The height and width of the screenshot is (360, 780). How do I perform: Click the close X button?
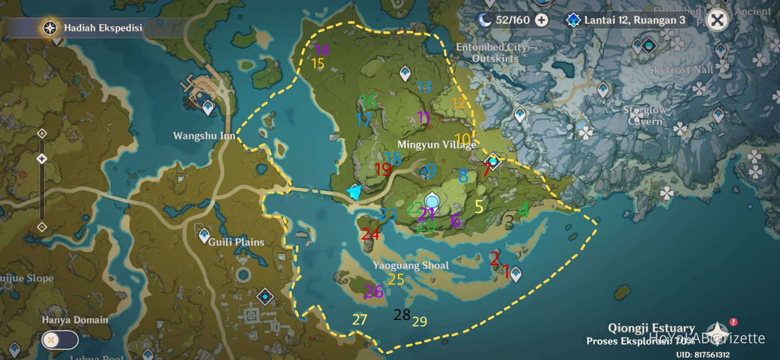[717, 20]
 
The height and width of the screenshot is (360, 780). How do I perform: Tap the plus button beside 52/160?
[541, 20]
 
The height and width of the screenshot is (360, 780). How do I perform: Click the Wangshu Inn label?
[204, 136]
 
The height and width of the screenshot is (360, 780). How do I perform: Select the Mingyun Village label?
[437, 144]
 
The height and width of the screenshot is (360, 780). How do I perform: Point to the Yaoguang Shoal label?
[411, 265]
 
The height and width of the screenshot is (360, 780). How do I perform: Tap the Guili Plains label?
[236, 242]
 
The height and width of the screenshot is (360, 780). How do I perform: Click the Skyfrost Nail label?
[680, 69]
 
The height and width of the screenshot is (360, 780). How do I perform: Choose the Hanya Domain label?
[75, 320]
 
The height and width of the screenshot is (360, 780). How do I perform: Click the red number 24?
[370, 234]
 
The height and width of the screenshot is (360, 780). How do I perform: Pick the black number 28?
[402, 315]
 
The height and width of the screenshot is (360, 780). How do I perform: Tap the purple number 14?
[321, 50]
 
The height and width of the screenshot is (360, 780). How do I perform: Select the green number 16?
[368, 101]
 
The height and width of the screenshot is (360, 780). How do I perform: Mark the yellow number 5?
[479, 207]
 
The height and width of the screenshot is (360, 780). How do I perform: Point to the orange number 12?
[458, 103]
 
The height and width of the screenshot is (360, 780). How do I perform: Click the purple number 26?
[373, 292]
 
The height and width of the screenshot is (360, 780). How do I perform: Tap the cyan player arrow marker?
[355, 192]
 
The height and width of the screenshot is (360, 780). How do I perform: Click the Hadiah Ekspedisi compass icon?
[50, 28]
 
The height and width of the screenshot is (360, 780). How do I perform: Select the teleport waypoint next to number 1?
[516, 274]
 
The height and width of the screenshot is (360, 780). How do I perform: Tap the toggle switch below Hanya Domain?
[60, 340]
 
